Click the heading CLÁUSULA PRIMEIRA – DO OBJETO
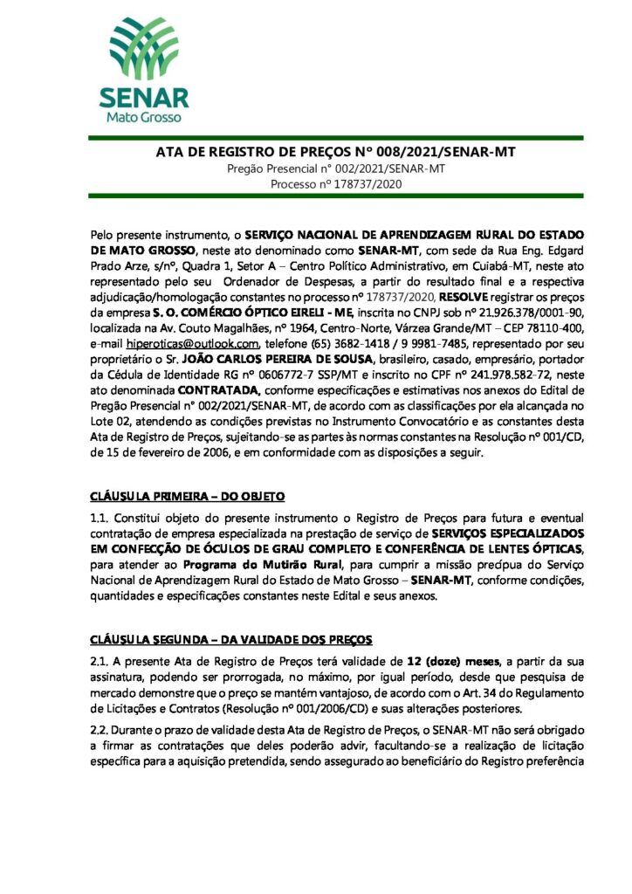[187, 497]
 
